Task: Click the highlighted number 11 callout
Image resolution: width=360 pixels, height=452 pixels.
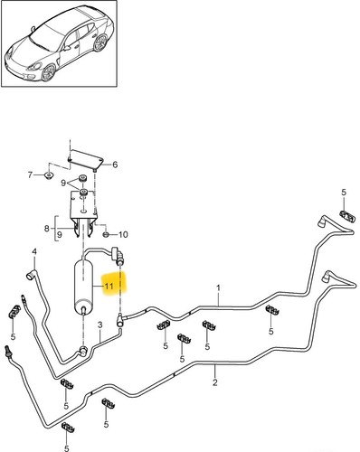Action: point(109,286)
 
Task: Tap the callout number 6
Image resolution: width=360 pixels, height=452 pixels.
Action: point(115,165)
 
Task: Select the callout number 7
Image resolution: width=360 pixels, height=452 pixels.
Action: point(30,174)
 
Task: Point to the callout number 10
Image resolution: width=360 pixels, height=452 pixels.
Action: point(123,234)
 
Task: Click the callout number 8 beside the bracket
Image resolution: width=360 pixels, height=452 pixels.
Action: point(47,229)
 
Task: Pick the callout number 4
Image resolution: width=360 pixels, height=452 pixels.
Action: point(34,251)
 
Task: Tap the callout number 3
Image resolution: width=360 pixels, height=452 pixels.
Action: point(100,325)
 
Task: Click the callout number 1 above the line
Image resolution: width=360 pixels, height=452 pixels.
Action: point(218,288)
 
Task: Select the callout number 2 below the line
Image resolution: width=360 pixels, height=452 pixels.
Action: point(215,382)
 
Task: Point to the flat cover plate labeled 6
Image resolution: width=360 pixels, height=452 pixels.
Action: point(86,159)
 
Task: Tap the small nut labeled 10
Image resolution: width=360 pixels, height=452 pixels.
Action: point(106,234)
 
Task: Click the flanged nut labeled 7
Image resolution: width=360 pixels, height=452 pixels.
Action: point(48,174)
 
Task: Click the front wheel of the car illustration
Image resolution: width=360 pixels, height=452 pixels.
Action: point(48,72)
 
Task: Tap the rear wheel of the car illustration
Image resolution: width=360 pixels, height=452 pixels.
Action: point(100,42)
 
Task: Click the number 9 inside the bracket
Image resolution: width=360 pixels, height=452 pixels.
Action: point(60,234)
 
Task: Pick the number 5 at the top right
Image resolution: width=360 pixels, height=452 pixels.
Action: point(344,193)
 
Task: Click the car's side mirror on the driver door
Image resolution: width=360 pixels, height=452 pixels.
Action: point(67,48)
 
